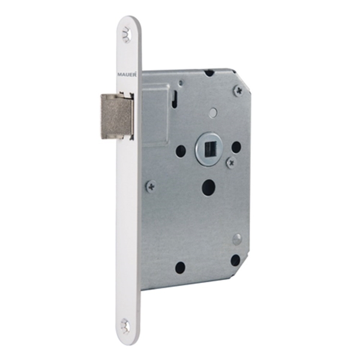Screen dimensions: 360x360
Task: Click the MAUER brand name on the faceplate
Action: (x=127, y=74)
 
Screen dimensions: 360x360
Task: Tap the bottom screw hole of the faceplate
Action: (x=126, y=326)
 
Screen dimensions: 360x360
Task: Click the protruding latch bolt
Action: (x=117, y=116)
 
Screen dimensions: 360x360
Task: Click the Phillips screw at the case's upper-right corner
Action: (x=239, y=90)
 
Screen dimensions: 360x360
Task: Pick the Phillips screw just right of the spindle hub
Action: (x=232, y=163)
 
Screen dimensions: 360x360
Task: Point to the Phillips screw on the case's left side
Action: (x=151, y=187)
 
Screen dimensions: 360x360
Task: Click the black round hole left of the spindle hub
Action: (x=181, y=150)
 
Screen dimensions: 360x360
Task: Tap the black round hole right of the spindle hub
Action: (x=236, y=146)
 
